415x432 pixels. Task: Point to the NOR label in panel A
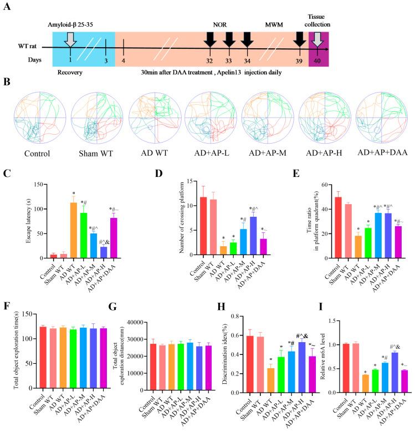[219, 25]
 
